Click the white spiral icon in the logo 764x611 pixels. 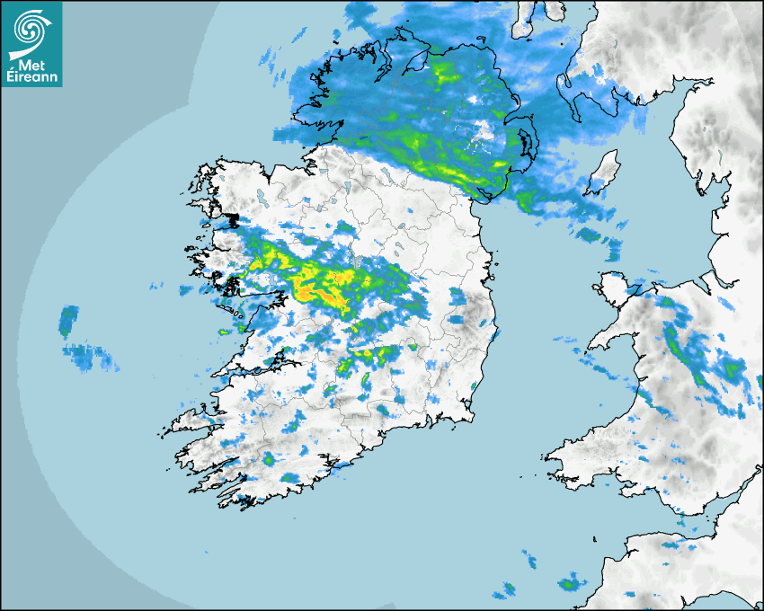(31, 28)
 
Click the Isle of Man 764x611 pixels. (603, 173)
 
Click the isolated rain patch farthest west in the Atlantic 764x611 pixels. (68, 318)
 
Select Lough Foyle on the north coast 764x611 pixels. (415, 63)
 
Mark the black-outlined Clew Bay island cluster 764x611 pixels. (232, 219)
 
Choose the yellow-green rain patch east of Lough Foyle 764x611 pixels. (444, 72)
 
